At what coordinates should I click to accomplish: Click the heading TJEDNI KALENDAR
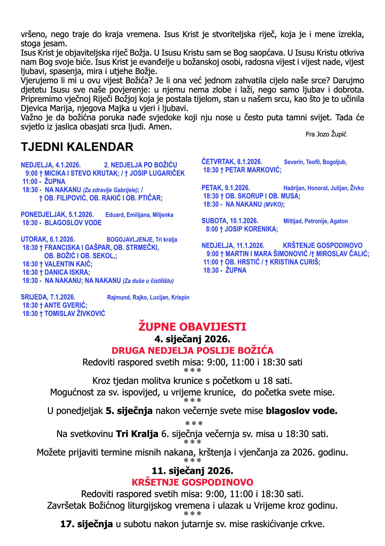[x=77, y=147]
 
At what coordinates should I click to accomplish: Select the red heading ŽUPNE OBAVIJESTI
[x=192, y=327]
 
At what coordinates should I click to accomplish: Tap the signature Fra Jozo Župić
[x=326, y=134]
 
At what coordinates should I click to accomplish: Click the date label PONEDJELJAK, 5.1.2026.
[x=57, y=214]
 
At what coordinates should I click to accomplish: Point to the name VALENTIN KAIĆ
[x=68, y=264]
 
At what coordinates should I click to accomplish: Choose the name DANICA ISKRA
[x=67, y=272]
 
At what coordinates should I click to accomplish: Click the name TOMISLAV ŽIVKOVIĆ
[x=75, y=313]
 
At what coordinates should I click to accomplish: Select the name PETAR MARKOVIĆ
[x=253, y=170]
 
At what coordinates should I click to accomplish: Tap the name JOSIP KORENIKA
[x=251, y=229]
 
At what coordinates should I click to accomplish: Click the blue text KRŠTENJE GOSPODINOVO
[x=322, y=245]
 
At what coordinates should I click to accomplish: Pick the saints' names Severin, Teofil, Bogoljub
[x=315, y=162]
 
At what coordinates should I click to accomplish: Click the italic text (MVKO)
[x=273, y=204]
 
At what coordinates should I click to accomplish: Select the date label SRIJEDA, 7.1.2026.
[x=48, y=297]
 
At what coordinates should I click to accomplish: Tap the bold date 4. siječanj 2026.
[x=192, y=339]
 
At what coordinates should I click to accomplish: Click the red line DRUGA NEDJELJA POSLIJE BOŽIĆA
[x=192, y=350]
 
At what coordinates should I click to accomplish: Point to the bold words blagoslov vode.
[x=301, y=411]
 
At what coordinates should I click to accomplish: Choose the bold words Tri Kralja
[x=137, y=434]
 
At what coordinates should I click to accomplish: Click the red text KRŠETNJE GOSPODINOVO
[x=192, y=482]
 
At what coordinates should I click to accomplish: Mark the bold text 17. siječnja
[x=87, y=524]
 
